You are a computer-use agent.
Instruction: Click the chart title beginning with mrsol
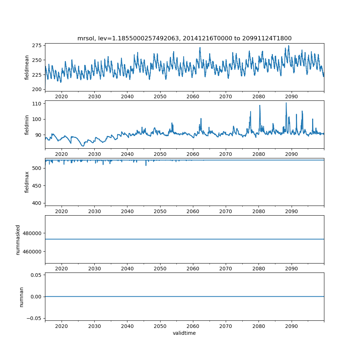[x=184, y=38]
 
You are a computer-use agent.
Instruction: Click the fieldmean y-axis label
[x=27, y=67]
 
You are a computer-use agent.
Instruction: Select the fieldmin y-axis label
[x=27, y=125]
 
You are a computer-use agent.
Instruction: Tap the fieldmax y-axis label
[x=27, y=182]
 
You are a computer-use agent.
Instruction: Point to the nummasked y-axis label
[x=18, y=239]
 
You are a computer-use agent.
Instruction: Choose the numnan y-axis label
[x=21, y=296]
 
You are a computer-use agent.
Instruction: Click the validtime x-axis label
[x=184, y=333]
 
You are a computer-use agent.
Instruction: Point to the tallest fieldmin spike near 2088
[x=286, y=103]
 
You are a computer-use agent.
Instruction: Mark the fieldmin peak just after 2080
[x=260, y=105]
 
